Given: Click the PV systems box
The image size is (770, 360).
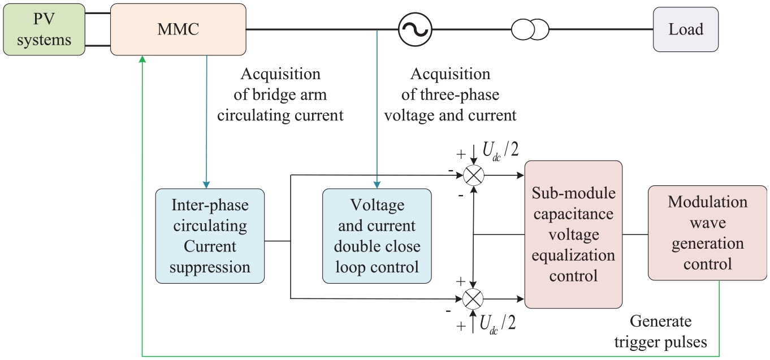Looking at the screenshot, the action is pyautogui.click(x=44, y=29).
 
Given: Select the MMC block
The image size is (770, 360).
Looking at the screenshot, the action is pyautogui.click(x=178, y=29).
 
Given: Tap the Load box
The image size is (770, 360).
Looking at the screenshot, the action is pyautogui.click(x=685, y=29).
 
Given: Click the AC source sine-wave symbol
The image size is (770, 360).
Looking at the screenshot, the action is pyautogui.click(x=415, y=29).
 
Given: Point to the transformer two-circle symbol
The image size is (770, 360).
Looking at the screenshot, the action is pyautogui.click(x=530, y=29).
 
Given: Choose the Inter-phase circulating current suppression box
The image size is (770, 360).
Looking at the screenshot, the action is pyautogui.click(x=210, y=236).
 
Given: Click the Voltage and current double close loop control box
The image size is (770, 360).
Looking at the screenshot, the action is pyautogui.click(x=377, y=236).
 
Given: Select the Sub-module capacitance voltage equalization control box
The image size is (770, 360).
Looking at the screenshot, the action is pyautogui.click(x=573, y=235).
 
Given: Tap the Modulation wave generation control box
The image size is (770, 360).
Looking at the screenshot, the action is pyautogui.click(x=707, y=233).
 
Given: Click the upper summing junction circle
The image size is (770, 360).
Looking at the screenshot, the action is pyautogui.click(x=474, y=176).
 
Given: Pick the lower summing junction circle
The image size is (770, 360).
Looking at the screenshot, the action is pyautogui.click(x=473, y=299).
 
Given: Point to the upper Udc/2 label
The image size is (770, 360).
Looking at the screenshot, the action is pyautogui.click(x=500, y=151).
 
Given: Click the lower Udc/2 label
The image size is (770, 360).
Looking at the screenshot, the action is pyautogui.click(x=498, y=324).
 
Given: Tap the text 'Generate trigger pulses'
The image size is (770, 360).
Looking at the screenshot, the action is pyautogui.click(x=661, y=332).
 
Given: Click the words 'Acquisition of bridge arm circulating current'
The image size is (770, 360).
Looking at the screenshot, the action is pyautogui.click(x=280, y=94).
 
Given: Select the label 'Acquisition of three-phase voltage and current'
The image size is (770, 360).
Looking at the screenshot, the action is pyautogui.click(x=451, y=94).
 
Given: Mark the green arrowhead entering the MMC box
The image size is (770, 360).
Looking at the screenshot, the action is pyautogui.click(x=142, y=59).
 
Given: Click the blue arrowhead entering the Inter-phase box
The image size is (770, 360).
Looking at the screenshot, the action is pyautogui.click(x=206, y=185).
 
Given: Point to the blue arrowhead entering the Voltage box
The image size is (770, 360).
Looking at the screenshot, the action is pyautogui.click(x=377, y=185).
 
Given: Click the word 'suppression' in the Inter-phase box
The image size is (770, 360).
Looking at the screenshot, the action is pyautogui.click(x=210, y=267).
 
